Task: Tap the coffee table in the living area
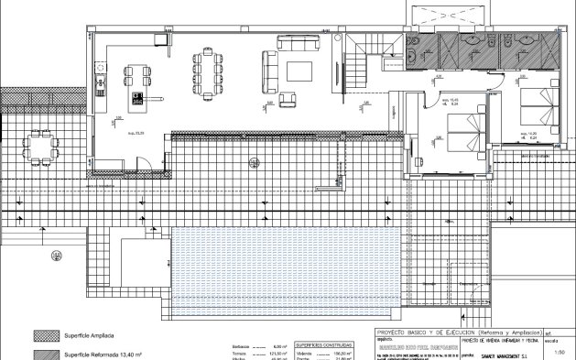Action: pos(299,71)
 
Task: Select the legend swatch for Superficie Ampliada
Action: pos(45,335)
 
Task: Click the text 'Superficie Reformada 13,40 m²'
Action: pos(106,353)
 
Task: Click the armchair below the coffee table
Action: pos(287,98)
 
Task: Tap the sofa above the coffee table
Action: pos(299,43)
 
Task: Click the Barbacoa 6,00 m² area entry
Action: pos(262,344)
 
